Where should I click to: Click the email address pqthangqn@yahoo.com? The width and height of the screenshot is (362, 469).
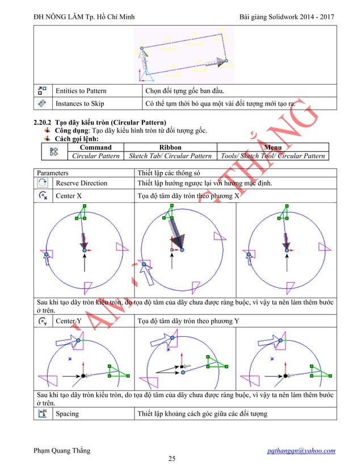click(303, 450)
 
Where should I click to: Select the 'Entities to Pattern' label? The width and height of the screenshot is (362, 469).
click(80, 90)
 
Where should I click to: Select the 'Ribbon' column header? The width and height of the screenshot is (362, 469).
click(170, 147)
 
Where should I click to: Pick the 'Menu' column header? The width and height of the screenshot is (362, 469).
click(273, 147)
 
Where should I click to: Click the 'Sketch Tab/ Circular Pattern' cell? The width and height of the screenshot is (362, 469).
click(170, 156)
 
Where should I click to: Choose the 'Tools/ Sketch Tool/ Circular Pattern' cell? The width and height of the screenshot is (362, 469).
click(273, 156)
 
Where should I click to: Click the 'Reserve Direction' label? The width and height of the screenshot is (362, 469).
click(81, 183)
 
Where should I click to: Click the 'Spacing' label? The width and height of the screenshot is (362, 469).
click(67, 413)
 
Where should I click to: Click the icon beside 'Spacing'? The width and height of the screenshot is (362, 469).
click(42, 413)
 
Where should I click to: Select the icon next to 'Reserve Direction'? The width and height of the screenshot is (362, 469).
click(42, 183)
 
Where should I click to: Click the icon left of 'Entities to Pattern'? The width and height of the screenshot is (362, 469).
click(42, 90)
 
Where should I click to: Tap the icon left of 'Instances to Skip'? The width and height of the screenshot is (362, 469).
click(42, 104)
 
